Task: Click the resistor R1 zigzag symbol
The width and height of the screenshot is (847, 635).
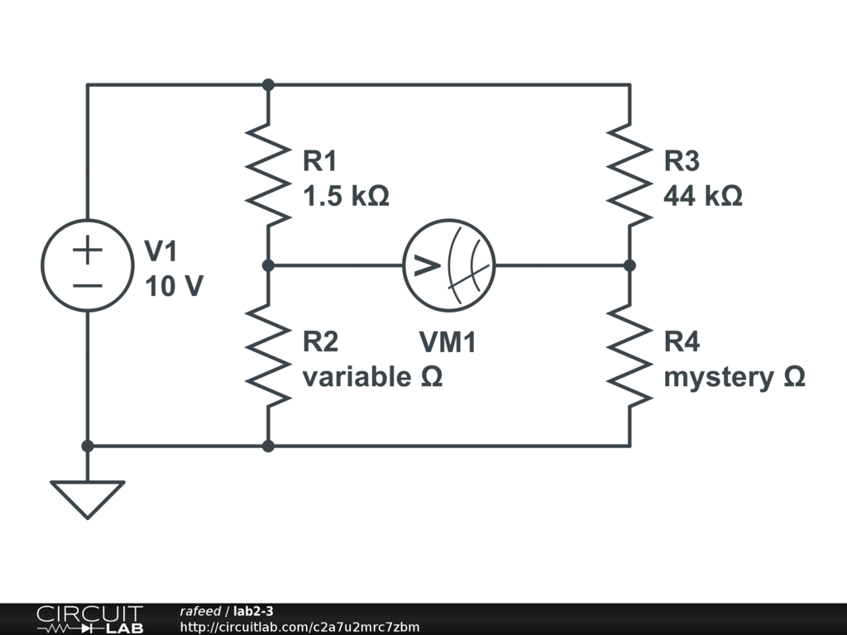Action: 268,174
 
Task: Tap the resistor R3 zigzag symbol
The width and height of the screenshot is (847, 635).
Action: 629,174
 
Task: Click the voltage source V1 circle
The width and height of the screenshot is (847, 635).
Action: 87,265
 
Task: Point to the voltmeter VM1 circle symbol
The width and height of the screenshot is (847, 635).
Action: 449,265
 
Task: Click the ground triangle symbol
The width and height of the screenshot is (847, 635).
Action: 87,498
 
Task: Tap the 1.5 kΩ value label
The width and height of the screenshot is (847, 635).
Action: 346,197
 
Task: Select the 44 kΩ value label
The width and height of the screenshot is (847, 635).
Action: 703,197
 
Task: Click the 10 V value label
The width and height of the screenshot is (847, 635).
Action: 174,287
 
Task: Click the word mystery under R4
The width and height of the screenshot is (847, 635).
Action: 716,377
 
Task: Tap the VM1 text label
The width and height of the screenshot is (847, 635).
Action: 447,342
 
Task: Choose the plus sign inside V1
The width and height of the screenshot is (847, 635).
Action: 87,251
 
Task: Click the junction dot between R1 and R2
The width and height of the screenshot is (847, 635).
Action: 268,265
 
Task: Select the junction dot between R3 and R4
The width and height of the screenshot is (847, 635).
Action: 629,265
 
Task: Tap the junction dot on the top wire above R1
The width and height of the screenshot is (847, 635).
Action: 268,84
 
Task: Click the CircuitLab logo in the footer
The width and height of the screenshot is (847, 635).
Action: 89,619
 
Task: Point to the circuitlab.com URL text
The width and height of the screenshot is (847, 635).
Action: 299,627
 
